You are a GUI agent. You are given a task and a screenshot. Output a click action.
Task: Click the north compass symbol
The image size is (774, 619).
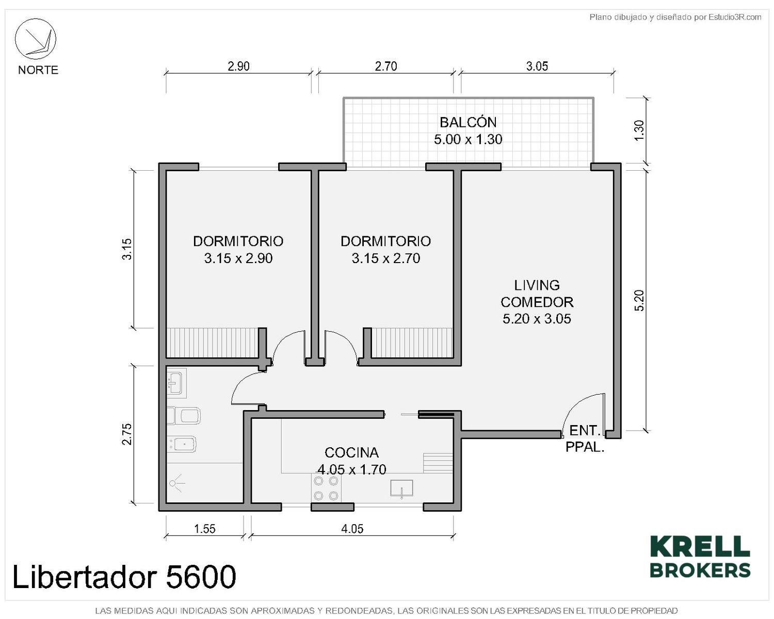pyautogui.click(x=35, y=39)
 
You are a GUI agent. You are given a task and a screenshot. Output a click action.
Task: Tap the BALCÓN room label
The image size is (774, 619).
pyautogui.click(x=468, y=122)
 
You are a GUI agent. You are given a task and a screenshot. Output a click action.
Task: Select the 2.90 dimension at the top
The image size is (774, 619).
pyautogui.click(x=238, y=66)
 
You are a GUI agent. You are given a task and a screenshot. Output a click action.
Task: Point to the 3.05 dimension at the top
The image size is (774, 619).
pyautogui.click(x=537, y=66)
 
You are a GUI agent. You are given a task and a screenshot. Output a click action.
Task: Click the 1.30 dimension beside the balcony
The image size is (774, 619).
pyautogui.click(x=639, y=131)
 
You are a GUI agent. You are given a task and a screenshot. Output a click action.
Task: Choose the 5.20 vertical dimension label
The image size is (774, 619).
pyautogui.click(x=639, y=300)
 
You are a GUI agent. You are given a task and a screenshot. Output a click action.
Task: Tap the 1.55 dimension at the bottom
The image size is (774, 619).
pyautogui.click(x=205, y=529)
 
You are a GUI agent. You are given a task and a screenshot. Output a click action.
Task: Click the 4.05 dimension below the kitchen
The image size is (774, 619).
pyautogui.click(x=352, y=529)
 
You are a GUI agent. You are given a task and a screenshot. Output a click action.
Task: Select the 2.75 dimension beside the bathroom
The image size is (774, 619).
pyautogui.click(x=127, y=434)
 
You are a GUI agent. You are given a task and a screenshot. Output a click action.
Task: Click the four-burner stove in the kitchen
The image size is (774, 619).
pyautogui.click(x=326, y=488)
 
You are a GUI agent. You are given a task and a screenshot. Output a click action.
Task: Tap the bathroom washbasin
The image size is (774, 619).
pyautogui.click(x=176, y=382)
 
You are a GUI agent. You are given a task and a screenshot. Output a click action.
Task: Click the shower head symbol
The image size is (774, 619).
pyautogui.click(x=176, y=483)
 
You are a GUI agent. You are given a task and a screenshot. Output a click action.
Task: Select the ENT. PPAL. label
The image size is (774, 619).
pyautogui.click(x=585, y=438)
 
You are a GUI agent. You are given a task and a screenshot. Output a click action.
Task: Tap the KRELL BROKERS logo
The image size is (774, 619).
pyautogui.click(x=700, y=562)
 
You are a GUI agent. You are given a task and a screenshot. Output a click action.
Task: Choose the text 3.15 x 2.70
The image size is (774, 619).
pyautogui.click(x=385, y=258)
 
